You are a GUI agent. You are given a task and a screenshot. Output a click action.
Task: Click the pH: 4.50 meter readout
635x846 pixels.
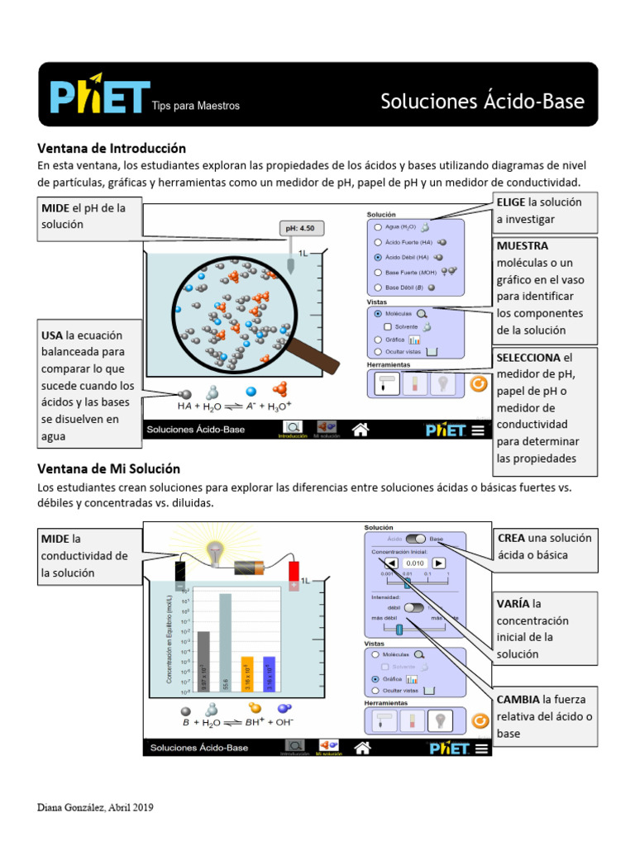point(299,228)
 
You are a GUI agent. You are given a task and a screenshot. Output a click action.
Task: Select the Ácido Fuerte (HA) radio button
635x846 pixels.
point(378,242)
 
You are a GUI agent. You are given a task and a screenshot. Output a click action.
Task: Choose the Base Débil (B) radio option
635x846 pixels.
point(378,288)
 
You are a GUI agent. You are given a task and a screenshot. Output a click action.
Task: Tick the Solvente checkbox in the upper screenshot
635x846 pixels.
point(387,326)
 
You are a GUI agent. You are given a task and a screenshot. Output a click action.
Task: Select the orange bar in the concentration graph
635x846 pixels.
point(247,673)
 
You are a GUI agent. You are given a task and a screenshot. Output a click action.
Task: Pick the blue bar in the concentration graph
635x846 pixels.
point(269,673)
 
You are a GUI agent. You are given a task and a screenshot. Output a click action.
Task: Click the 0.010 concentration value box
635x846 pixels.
point(415,563)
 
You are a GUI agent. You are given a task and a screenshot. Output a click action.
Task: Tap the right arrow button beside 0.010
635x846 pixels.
point(439,563)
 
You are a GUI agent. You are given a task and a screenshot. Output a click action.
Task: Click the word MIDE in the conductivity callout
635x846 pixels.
point(55,539)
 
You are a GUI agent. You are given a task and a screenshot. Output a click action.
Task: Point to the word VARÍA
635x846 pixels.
point(513,603)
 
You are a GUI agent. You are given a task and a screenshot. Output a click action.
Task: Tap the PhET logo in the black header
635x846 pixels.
point(99,97)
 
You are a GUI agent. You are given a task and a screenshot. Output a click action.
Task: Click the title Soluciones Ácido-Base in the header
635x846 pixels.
point(482,102)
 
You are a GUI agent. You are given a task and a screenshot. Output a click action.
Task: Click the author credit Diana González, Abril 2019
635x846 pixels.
point(95,807)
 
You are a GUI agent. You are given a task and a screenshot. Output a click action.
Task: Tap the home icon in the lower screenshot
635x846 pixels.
point(361,748)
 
